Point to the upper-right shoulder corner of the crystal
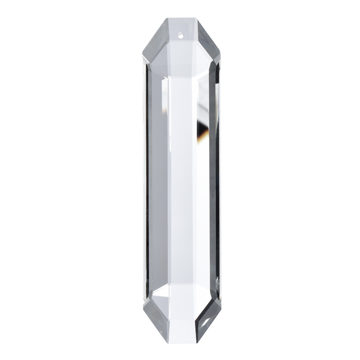pos(221,60)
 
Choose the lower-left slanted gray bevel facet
pos(153,315)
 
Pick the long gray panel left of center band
pos(157,180)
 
